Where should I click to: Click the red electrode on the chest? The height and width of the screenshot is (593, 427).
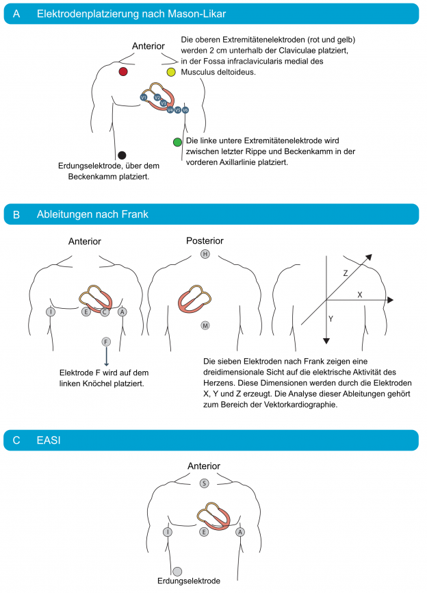click(x=122, y=72)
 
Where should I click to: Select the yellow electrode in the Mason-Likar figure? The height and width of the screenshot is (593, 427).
click(x=170, y=72)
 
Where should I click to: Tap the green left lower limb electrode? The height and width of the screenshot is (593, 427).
click(x=177, y=142)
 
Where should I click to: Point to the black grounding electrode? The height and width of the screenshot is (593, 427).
click(x=122, y=155)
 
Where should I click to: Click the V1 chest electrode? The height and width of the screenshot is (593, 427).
click(x=144, y=98)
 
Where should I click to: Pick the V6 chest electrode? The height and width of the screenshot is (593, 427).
click(x=185, y=110)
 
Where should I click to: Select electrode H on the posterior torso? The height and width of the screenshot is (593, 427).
click(x=205, y=254)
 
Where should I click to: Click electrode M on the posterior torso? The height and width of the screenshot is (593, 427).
click(x=205, y=325)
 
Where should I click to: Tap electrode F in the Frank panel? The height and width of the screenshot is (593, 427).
click(x=105, y=341)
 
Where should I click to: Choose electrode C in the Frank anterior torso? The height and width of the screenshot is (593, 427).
click(x=105, y=312)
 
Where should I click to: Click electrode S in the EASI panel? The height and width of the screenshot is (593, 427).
click(x=204, y=483)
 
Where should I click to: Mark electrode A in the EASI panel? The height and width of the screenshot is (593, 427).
click(x=240, y=531)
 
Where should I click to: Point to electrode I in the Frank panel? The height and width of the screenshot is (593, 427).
click(x=50, y=312)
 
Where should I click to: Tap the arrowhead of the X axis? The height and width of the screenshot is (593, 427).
click(x=390, y=300)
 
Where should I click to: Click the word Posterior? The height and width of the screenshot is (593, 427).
click(x=205, y=241)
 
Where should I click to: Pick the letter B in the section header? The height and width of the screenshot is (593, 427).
click(x=16, y=214)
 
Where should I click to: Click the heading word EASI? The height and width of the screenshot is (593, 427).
click(x=49, y=440)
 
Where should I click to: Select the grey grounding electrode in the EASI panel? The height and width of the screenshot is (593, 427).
click(x=177, y=570)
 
